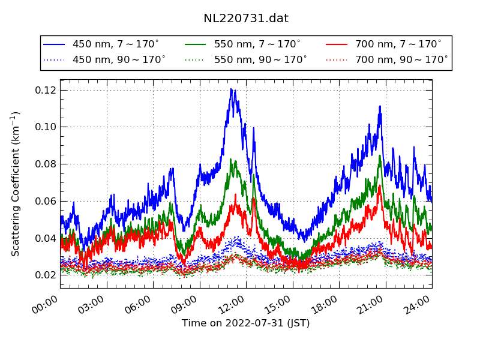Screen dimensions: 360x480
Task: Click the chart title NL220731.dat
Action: point(246,19)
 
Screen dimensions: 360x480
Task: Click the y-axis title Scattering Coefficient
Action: point(16,184)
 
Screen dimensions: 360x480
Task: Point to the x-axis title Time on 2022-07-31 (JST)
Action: point(246,323)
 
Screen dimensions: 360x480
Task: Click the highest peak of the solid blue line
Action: point(231,89)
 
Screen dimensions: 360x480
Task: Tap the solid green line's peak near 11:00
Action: point(232,160)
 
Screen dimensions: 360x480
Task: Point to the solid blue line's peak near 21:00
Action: point(380,107)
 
